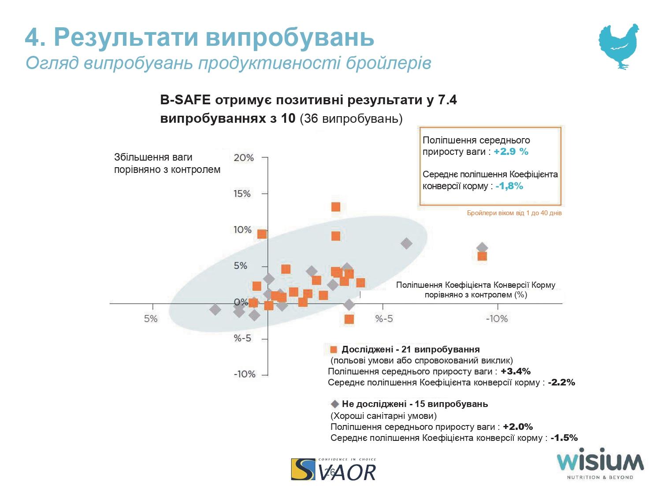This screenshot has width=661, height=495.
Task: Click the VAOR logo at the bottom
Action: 334,469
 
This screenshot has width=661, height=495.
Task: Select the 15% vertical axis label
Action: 242,194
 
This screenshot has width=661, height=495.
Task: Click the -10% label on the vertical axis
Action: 244,374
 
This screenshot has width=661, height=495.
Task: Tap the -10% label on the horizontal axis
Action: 497,319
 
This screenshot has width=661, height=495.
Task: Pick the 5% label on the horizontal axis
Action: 151,319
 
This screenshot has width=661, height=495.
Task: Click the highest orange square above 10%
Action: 336,207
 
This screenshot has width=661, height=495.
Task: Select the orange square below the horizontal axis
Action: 349,319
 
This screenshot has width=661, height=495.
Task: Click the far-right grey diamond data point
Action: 482,248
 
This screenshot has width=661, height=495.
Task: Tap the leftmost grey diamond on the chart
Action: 215,310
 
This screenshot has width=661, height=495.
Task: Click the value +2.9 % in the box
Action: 511,152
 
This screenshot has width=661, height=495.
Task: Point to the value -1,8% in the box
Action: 509,186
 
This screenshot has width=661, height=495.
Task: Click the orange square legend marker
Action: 334,350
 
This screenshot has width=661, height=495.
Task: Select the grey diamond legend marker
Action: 335,404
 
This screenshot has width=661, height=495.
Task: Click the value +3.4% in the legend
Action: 516,371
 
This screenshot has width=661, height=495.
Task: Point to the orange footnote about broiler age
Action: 514,213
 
